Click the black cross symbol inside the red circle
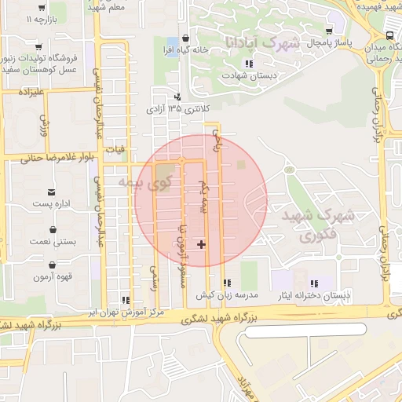coord(202,244)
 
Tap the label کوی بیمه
coord(144,183)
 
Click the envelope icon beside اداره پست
coord(52,192)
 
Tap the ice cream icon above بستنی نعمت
coord(52,229)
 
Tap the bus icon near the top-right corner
coord(390,37)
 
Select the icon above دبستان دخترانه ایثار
coord(314,283)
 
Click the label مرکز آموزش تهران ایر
coord(120,312)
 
